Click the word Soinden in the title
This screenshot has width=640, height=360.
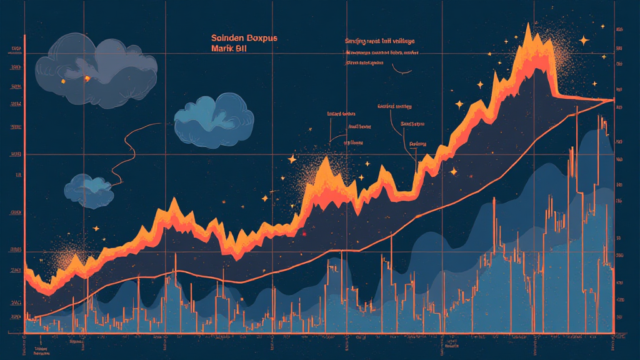pos(229,38)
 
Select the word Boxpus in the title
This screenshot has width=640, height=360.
pos(262,38)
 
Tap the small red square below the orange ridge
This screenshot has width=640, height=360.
pos(304,234)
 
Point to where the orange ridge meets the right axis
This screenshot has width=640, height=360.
pos(613,100)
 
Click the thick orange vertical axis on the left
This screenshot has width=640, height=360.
pos(24,181)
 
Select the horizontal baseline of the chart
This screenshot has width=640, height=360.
pos(319,333)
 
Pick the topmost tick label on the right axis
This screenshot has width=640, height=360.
pos(621,29)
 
